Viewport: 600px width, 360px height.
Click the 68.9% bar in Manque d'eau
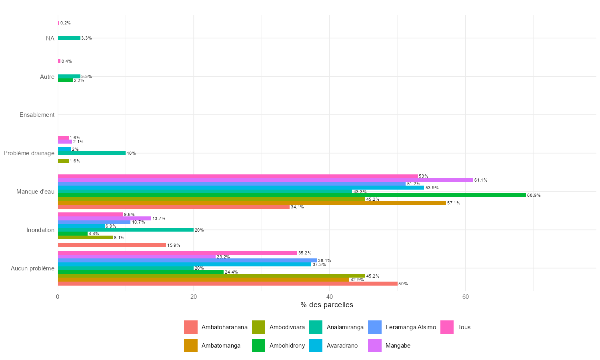click(292, 195)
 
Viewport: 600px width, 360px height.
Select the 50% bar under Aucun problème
click(228, 284)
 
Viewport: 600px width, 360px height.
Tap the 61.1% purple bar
click(265, 180)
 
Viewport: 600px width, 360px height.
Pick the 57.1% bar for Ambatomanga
click(252, 203)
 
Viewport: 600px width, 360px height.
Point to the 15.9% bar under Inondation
click(112, 245)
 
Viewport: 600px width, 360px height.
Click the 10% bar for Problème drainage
click(92, 153)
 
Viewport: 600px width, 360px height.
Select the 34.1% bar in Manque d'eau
click(174, 207)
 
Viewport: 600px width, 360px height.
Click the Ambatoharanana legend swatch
click(191, 327)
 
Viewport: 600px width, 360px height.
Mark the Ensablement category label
click(37, 115)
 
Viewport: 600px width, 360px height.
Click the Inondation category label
click(40, 230)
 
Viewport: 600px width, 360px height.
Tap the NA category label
click(50, 38)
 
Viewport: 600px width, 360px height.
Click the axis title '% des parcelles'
click(327, 305)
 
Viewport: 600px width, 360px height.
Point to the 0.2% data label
click(66, 23)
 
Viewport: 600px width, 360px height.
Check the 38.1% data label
click(324, 261)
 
